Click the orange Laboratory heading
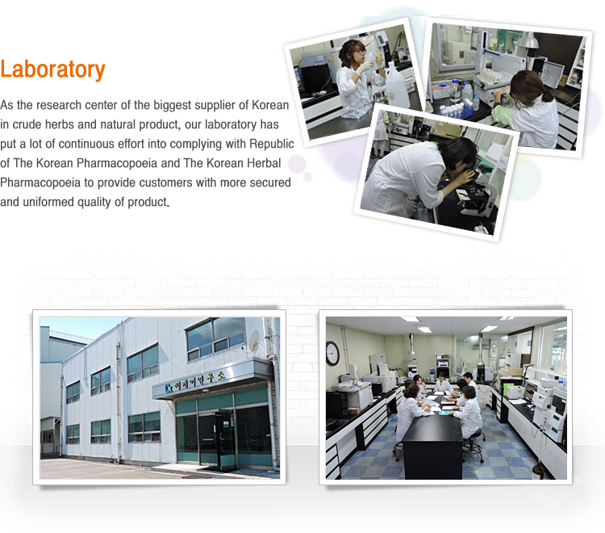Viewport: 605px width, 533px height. coord(52,70)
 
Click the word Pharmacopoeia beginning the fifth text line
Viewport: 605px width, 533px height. coord(40,183)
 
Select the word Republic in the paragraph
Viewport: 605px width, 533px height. coord(272,144)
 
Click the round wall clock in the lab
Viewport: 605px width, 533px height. coord(332,353)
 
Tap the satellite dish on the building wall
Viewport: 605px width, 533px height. coord(253,340)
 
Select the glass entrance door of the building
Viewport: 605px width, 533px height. coord(217,439)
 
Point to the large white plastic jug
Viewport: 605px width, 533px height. coord(397,88)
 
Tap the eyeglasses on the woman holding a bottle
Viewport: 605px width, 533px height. coord(361,51)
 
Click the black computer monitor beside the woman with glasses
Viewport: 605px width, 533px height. coord(315,78)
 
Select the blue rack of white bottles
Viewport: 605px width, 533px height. coord(458,109)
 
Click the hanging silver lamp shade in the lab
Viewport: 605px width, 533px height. coord(528,40)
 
